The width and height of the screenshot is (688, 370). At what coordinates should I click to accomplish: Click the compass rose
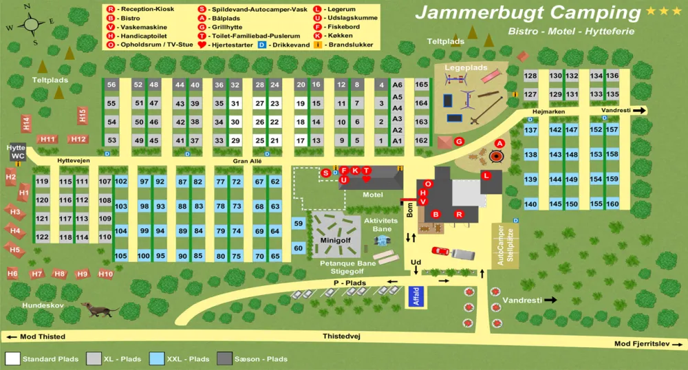click(31, 25)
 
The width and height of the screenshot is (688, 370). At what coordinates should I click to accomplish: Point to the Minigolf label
click(335, 241)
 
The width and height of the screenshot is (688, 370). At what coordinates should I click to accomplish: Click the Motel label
click(372, 195)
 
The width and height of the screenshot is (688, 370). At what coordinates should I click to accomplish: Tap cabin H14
click(26, 122)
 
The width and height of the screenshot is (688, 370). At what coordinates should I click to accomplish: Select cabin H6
click(12, 274)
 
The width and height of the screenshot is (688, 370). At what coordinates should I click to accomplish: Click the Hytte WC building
click(17, 152)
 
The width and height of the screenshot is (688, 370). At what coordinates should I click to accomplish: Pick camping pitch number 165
click(421, 85)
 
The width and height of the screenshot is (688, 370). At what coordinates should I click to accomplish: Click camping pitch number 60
click(298, 248)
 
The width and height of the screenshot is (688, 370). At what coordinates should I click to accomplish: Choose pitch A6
click(397, 85)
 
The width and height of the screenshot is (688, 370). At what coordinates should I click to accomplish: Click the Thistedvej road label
click(342, 336)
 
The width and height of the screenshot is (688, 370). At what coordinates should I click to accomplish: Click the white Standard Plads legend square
click(12, 358)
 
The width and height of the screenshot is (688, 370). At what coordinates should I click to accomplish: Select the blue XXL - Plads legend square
click(156, 358)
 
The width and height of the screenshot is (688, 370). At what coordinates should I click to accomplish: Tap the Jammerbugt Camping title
click(528, 12)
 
